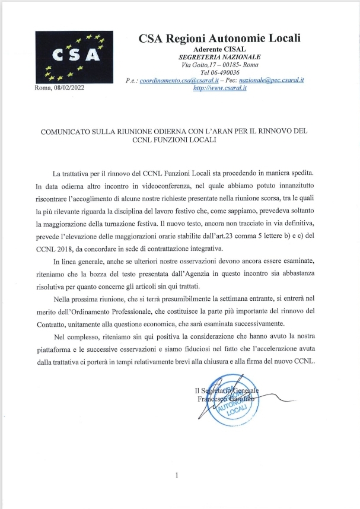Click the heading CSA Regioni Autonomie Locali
click(220, 39)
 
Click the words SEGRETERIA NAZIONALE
click(220, 56)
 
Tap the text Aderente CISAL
click(220, 48)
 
